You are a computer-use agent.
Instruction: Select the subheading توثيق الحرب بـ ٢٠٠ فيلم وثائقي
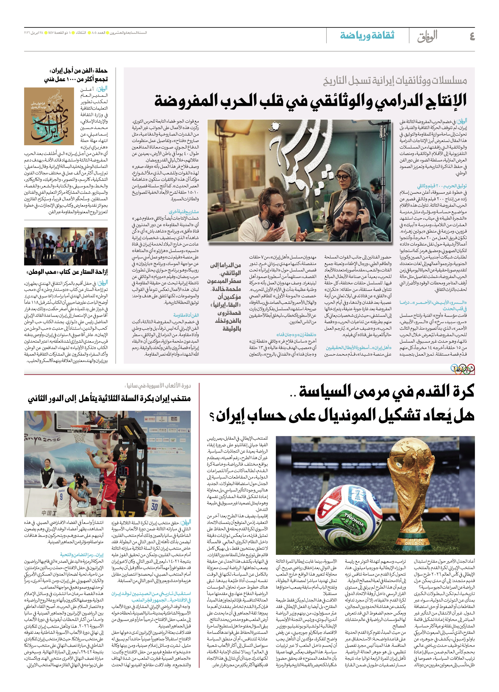click(x=442, y=186)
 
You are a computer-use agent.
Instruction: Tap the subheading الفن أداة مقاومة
click(x=186, y=315)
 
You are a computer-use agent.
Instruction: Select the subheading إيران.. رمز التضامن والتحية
click(x=82, y=555)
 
